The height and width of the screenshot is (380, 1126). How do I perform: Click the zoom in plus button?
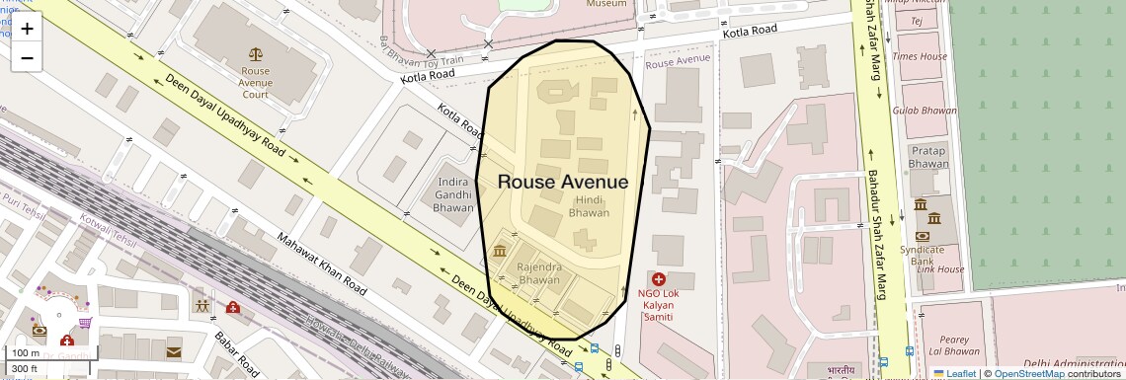click(x=27, y=29)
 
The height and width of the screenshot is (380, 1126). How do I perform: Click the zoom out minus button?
click(x=27, y=58)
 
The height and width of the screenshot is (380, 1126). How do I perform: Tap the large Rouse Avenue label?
click(x=562, y=182)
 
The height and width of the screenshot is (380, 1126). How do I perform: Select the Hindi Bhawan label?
click(x=589, y=206)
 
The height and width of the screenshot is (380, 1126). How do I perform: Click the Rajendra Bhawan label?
click(x=539, y=273)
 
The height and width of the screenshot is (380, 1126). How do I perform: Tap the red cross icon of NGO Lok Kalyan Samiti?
click(x=659, y=279)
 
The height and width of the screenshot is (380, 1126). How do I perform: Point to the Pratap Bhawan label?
click(x=927, y=157)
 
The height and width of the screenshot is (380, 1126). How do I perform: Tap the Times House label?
click(x=919, y=57)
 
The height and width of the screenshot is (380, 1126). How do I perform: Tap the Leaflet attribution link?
click(x=954, y=373)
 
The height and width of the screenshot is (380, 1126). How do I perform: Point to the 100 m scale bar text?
click(x=26, y=353)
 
